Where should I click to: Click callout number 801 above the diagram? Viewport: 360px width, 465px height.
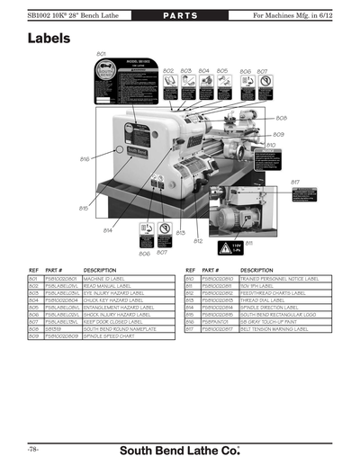(x=101, y=55)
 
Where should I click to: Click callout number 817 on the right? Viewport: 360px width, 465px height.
(x=294, y=183)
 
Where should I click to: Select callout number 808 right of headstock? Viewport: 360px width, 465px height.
(x=281, y=118)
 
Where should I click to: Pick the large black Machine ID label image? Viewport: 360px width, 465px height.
(x=128, y=86)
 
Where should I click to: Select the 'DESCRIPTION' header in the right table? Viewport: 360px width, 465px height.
(x=257, y=270)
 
